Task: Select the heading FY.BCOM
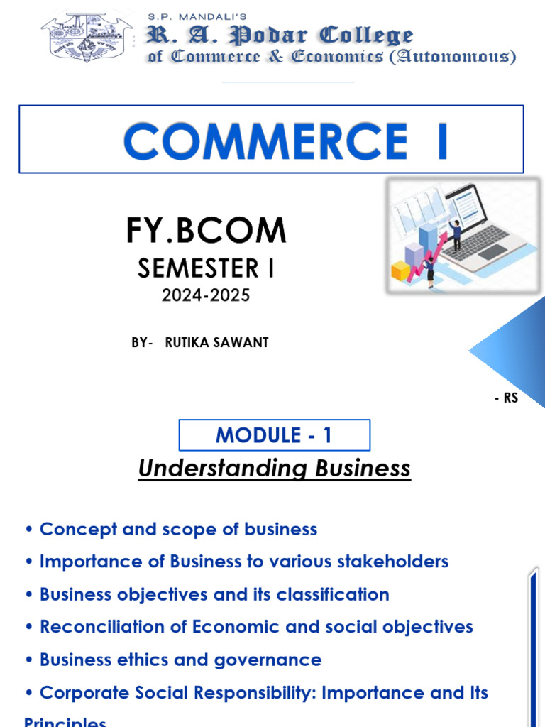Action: tap(206, 230)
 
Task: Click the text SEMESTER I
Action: tap(206, 268)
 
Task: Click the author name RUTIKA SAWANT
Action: tap(216, 342)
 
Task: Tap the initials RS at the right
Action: tap(511, 398)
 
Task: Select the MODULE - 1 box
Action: tap(274, 434)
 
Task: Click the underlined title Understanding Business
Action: tap(274, 469)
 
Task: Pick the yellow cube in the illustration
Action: tap(401, 270)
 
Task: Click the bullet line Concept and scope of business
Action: tap(177, 529)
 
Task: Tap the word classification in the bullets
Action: tap(333, 594)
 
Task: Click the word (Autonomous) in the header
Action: tap(452, 57)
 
